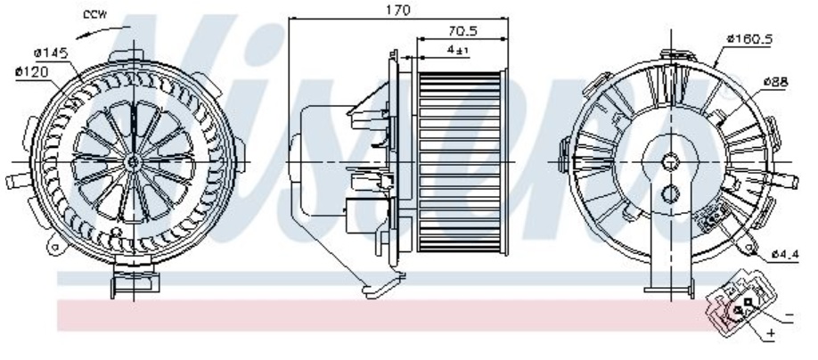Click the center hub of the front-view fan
[x=133, y=160]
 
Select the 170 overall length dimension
[x=397, y=10]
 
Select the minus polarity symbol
[x=789, y=316]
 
